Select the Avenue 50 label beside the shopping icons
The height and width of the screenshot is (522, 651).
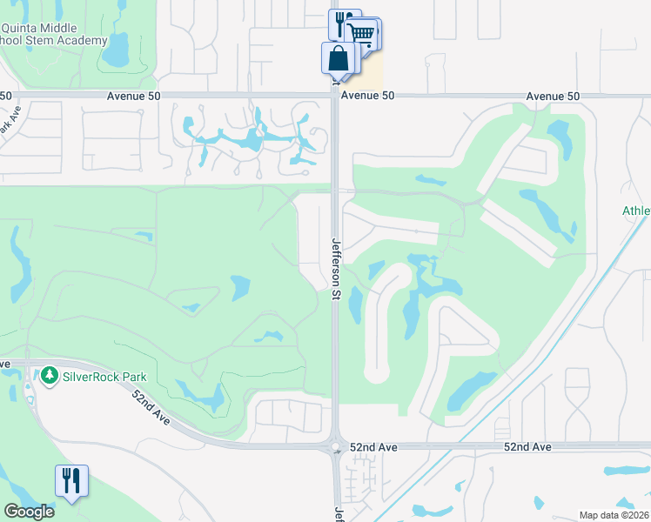(368, 96)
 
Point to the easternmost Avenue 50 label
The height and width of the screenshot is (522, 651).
(553, 96)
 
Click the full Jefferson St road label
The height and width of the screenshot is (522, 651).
(335, 270)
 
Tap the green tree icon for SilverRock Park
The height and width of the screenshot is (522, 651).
(50, 375)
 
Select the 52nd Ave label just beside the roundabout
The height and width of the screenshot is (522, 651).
(373, 446)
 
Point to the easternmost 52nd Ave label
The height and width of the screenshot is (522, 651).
(528, 446)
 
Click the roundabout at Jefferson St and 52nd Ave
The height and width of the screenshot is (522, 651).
(335, 448)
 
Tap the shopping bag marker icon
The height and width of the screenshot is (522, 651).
(339, 59)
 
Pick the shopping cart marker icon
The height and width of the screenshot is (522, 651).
(363, 35)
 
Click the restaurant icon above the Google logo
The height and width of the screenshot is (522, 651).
(71, 480)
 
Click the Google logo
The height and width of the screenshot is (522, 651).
(29, 512)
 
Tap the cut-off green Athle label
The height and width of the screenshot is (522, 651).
(636, 211)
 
